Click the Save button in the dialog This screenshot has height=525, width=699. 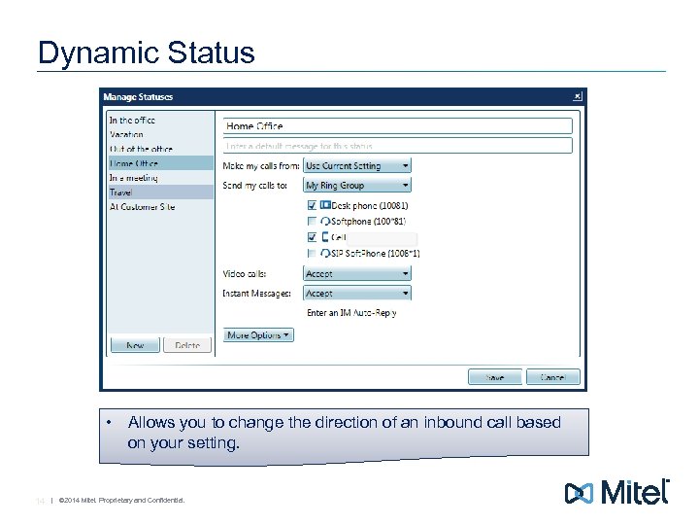click(495, 376)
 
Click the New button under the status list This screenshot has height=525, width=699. click(135, 345)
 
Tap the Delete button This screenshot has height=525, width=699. click(187, 345)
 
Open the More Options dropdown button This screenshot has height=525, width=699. click(258, 334)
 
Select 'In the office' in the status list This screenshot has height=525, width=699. click(132, 121)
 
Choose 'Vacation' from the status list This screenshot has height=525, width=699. click(126, 135)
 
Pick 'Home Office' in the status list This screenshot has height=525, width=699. click(134, 163)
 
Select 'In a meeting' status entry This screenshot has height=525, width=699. click(133, 178)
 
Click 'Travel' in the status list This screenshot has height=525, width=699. click(122, 192)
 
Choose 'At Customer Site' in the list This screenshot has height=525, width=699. click(142, 207)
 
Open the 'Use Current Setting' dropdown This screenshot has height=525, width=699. click(357, 166)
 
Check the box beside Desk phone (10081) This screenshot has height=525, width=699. click(312, 206)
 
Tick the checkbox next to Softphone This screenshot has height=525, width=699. click(312, 222)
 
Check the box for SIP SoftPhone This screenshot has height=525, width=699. click(312, 253)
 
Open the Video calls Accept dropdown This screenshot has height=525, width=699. click(357, 274)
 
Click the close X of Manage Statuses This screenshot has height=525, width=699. click(578, 96)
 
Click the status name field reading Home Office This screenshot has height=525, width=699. click(397, 126)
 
